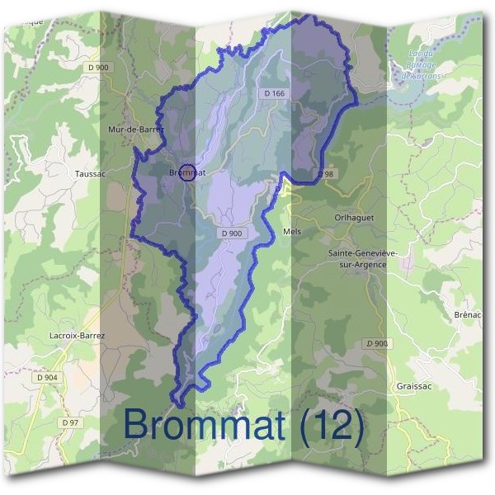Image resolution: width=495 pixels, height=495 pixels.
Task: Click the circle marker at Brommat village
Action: [187, 172]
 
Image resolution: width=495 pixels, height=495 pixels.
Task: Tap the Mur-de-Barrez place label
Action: [136, 130]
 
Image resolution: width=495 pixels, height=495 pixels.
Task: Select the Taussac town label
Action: [88, 174]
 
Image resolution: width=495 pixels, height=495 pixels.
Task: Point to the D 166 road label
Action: [275, 94]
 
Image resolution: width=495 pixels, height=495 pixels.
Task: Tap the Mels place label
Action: [292, 232]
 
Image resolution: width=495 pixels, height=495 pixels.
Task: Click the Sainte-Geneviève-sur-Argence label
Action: [363, 257]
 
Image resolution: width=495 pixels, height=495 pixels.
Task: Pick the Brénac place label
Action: [467, 315]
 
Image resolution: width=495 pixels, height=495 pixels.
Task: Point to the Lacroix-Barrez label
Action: [78, 336]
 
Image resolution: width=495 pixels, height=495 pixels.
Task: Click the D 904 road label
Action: [48, 377]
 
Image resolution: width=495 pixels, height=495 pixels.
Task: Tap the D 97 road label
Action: [70, 422]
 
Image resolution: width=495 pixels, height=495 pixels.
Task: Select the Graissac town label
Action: [414, 385]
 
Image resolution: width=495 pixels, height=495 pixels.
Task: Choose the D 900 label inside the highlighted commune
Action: [232, 233]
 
